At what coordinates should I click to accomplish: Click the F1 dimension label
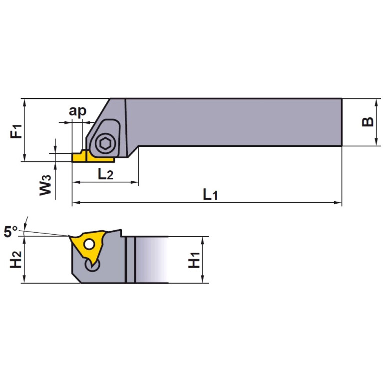(16, 131)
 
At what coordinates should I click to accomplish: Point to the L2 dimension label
(105, 174)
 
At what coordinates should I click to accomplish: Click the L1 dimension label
(210, 195)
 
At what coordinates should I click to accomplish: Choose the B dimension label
(367, 122)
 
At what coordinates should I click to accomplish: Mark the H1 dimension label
(194, 260)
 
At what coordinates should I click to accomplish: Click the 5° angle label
(10, 231)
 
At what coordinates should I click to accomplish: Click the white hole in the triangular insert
(89, 244)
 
